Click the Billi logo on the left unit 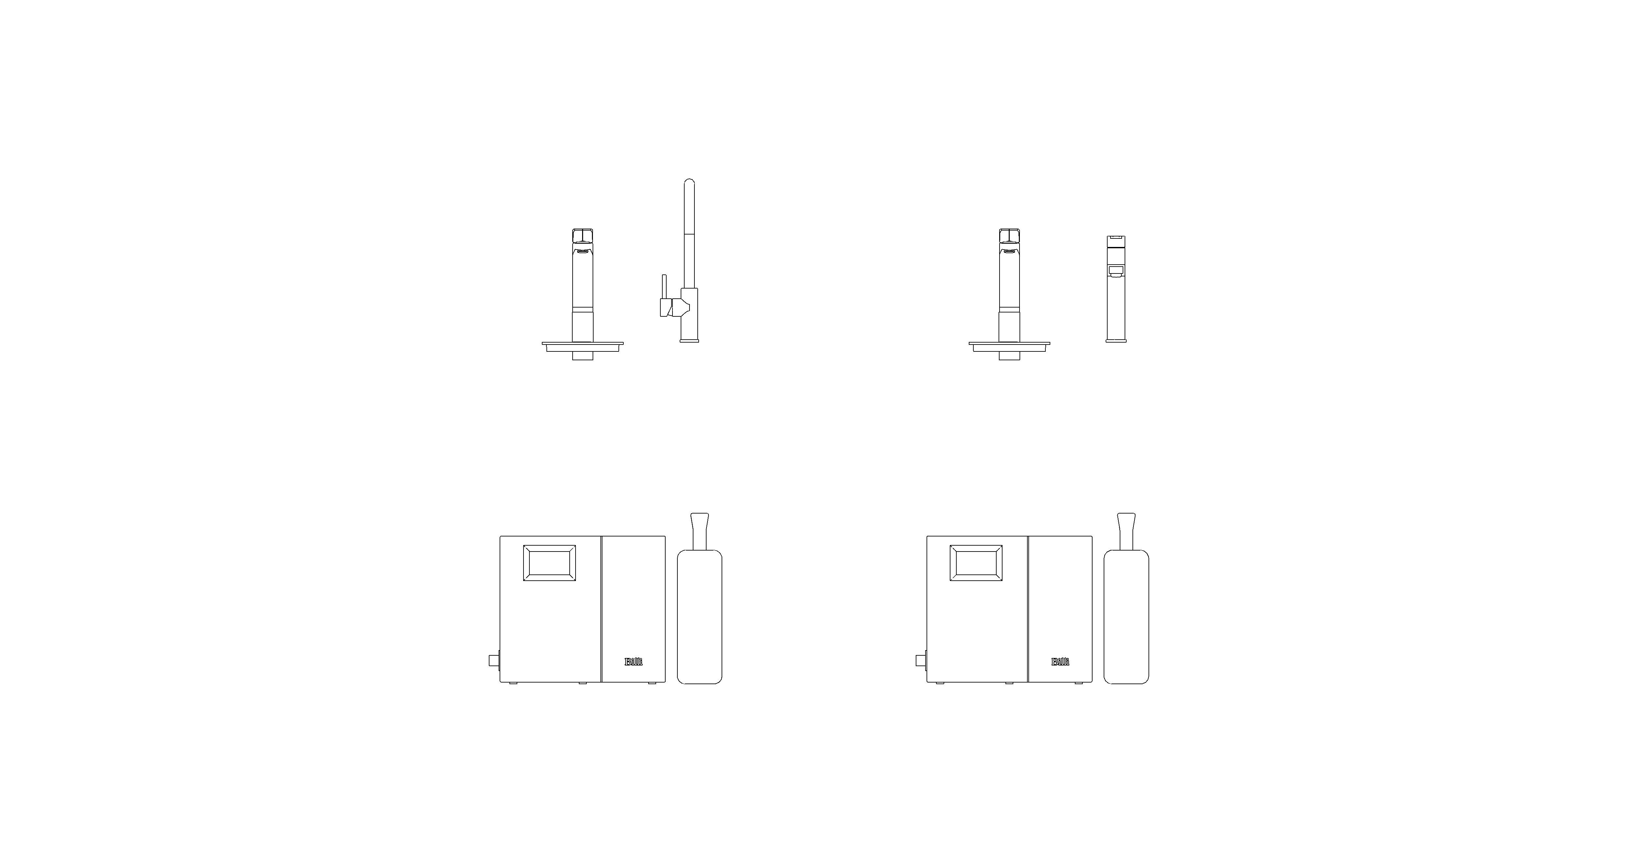634,662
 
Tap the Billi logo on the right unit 1060,662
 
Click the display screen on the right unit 976,563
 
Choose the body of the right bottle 1126,617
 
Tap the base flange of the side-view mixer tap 689,341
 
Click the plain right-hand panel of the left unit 633,598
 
